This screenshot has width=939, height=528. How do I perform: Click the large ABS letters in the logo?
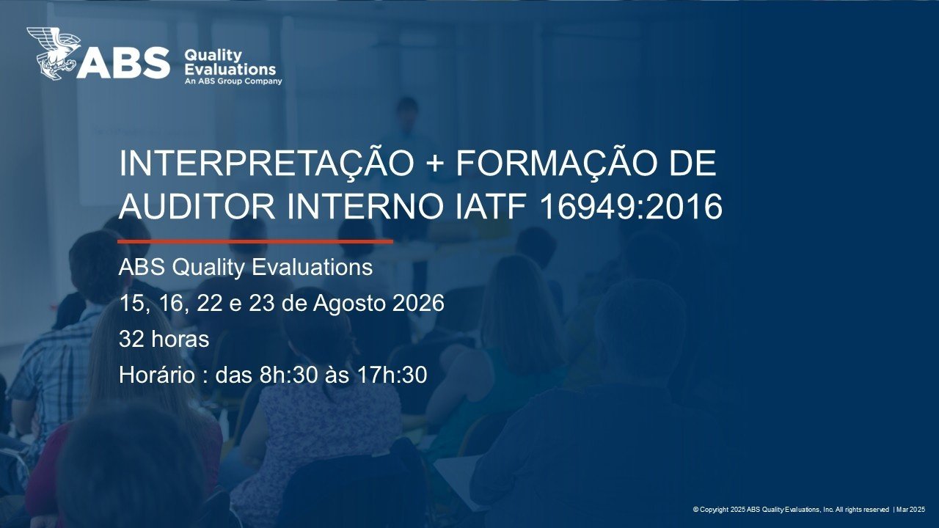[x=123, y=63]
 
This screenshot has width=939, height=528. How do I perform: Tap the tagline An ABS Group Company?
[x=233, y=81]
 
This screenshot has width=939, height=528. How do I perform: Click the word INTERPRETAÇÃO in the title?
[x=266, y=164]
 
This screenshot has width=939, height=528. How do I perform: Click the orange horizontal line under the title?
[x=255, y=241]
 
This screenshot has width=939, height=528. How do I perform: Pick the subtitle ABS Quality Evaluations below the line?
[x=246, y=268]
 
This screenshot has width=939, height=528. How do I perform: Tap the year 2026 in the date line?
[x=418, y=303]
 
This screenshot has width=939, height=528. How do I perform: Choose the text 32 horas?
[x=164, y=339]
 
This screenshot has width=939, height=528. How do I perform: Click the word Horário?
[x=157, y=375]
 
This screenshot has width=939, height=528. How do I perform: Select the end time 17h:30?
[x=392, y=375]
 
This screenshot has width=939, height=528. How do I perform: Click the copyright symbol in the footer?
[x=695, y=510]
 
